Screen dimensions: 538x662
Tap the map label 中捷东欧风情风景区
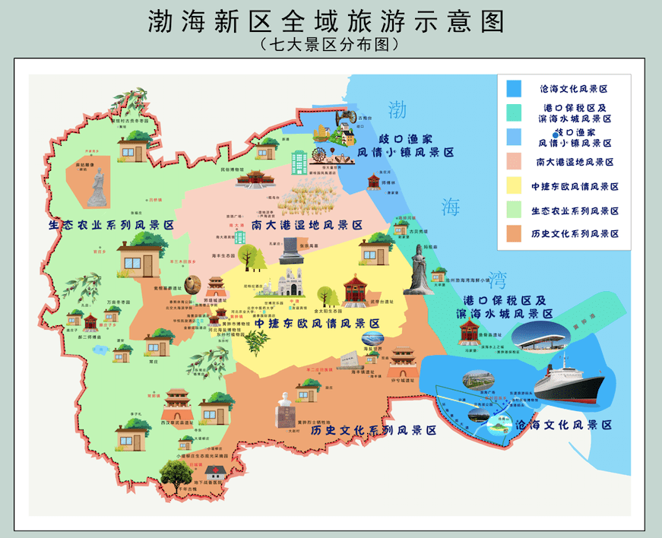point(317,324)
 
